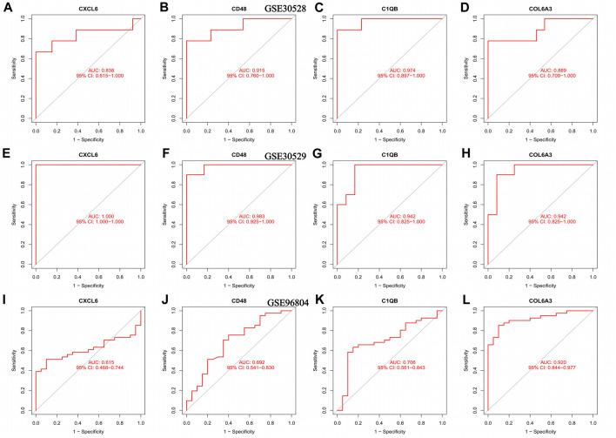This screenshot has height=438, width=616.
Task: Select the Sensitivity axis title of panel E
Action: point(10,214)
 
